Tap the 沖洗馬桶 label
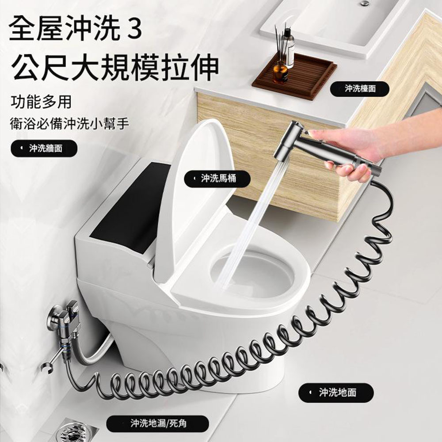tap(217, 179)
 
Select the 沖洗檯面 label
tap(360, 89)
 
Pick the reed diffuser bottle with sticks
tap(288, 49)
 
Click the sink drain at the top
tap(364, 3)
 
